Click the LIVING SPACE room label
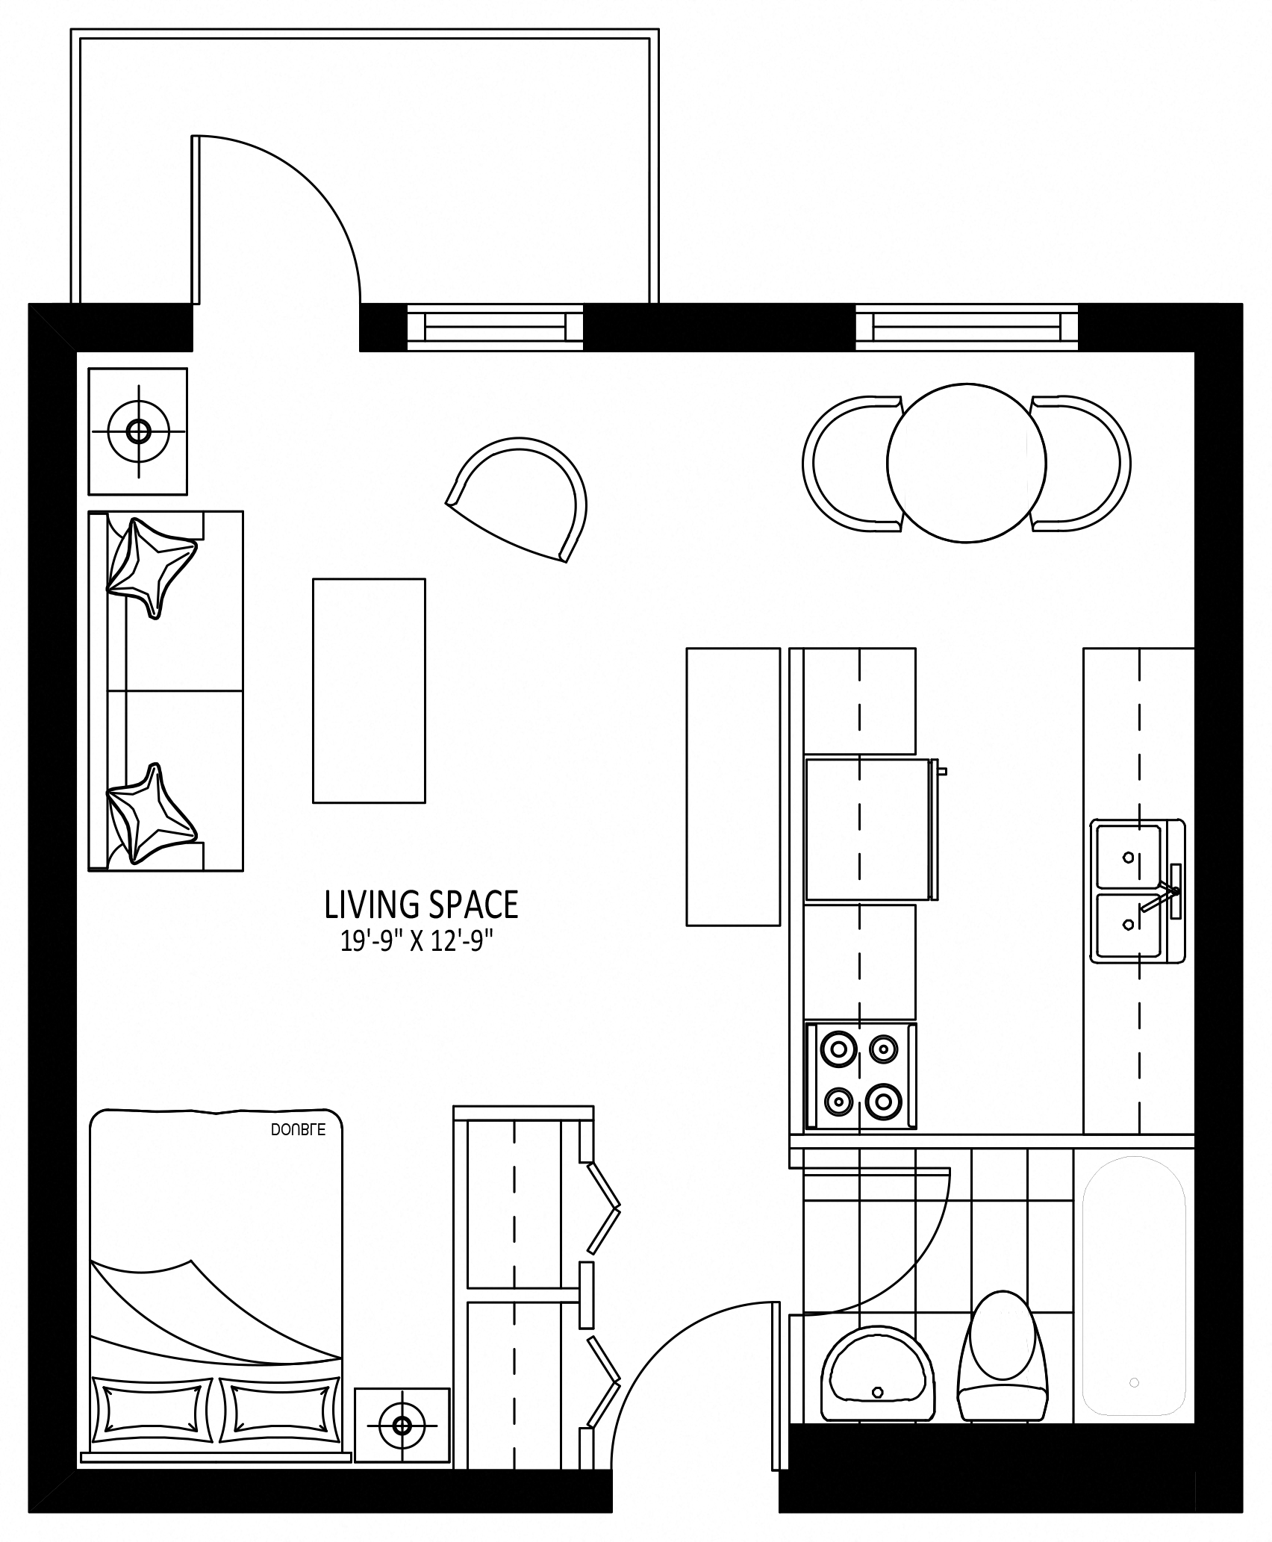421,905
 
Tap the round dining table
967,463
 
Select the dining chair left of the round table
851,463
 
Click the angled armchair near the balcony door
523,496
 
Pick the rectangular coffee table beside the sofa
369,690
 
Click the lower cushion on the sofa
152,813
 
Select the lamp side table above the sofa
138,431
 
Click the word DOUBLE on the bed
298,1130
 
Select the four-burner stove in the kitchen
860,1075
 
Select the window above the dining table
967,327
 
